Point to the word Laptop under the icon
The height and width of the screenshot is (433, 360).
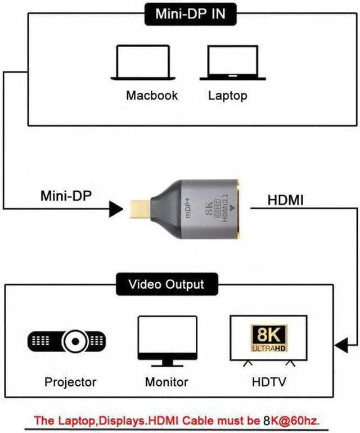[227, 95]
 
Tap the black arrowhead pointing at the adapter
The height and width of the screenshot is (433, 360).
[116, 210]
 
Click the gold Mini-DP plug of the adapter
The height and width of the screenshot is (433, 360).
[138, 209]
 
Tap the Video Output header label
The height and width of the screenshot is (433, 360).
[166, 284]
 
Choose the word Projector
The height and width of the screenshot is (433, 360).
[70, 382]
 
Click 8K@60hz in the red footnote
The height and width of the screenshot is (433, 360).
[295, 420]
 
